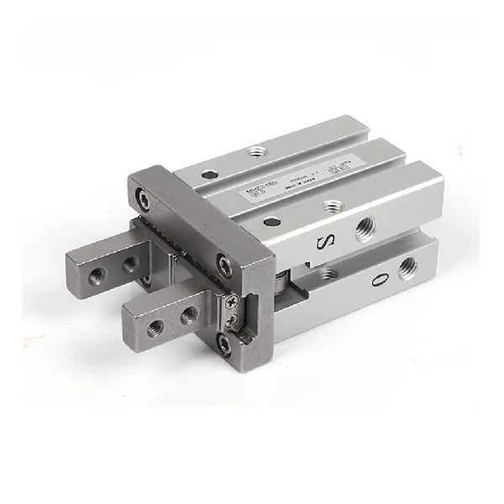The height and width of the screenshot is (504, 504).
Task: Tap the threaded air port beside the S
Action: point(365,228)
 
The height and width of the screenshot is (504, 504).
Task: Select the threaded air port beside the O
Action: point(409,267)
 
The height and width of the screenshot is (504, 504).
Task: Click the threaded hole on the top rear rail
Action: point(254,154)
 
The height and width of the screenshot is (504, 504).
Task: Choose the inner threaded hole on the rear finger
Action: point(129,263)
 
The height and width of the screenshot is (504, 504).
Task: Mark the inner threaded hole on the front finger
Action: point(189,315)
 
